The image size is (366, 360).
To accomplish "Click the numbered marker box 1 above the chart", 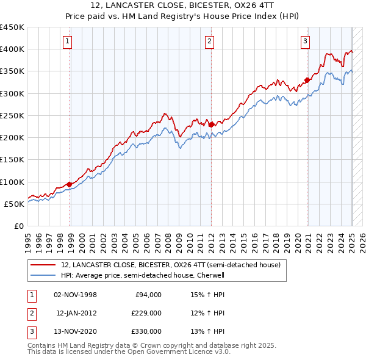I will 67,41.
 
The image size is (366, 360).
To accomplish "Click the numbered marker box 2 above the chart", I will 209,41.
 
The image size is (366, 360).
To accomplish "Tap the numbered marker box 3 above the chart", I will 305,41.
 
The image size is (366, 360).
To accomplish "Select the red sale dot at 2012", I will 211,124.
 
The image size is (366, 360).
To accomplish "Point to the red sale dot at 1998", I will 69,184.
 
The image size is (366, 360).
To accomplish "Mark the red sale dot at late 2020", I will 307,79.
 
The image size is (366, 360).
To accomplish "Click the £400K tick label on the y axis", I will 12,49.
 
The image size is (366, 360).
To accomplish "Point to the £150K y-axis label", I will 12,159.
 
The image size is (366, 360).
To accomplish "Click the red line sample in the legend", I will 42,265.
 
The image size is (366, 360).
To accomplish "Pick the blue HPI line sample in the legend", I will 42,275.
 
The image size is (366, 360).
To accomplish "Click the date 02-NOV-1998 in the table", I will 76,295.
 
